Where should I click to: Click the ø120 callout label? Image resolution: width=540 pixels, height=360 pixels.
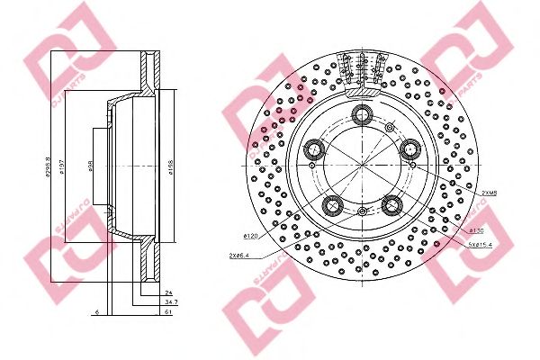[x=251, y=236]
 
